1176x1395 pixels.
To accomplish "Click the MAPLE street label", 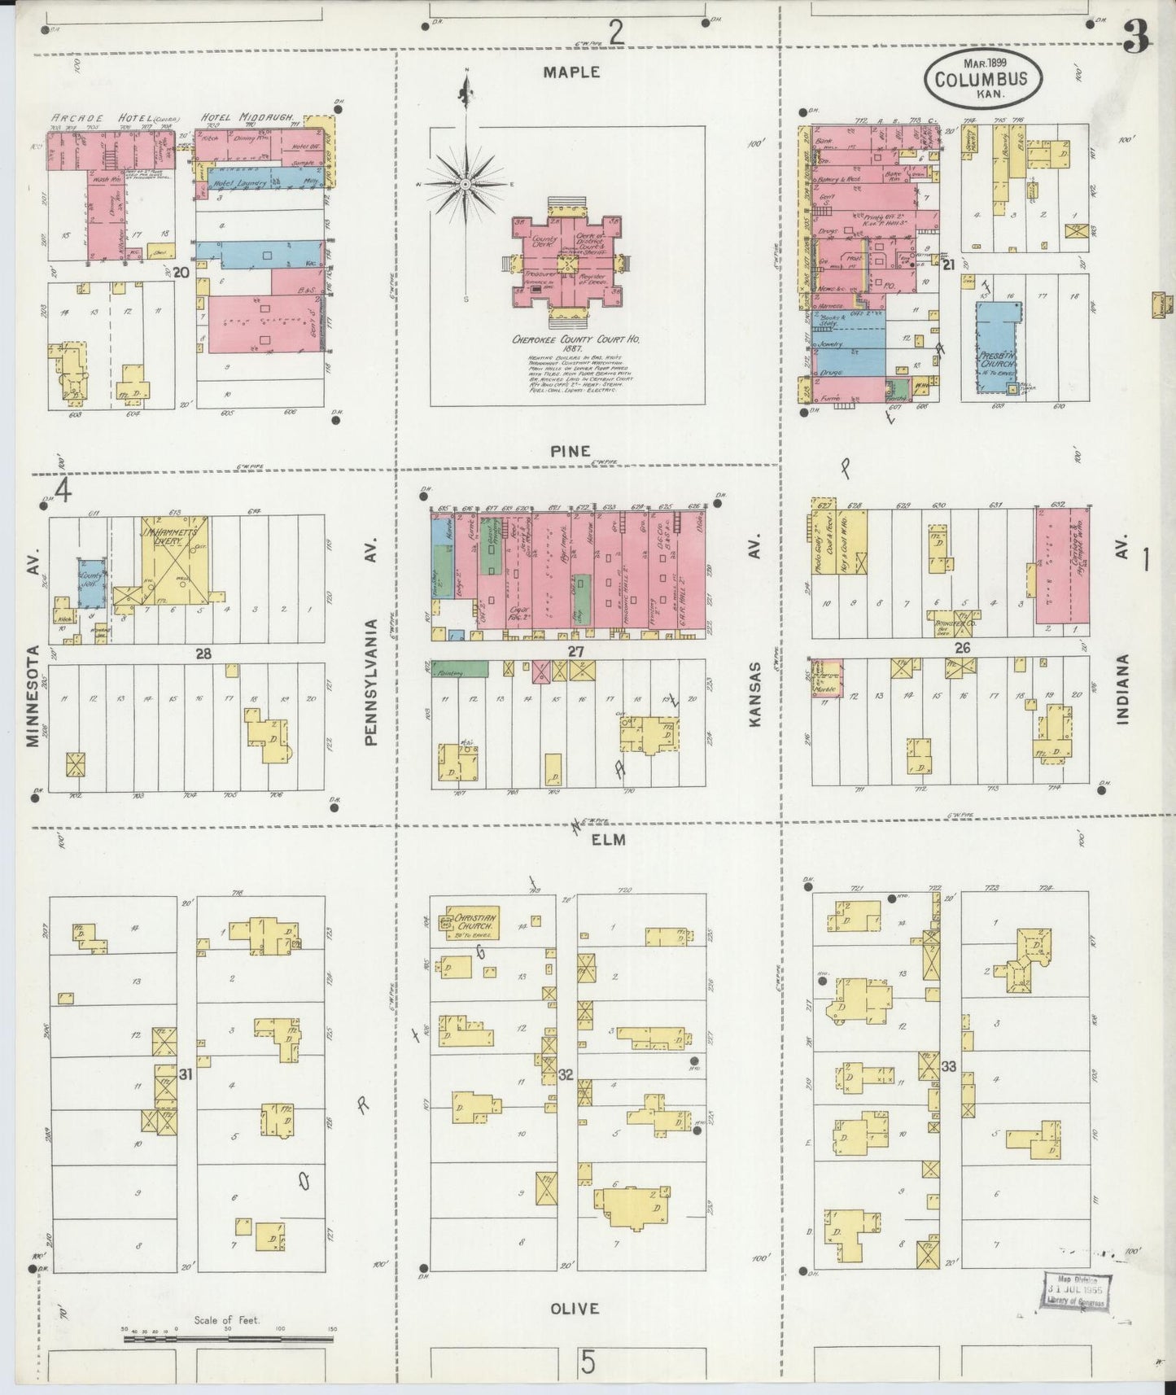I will pos(571,72).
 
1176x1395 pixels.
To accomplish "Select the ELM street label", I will pos(609,839).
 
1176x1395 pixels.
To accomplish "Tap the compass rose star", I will pos(465,185).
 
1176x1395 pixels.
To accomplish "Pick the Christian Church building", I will pos(470,922).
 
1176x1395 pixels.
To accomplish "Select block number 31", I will pos(186,1074).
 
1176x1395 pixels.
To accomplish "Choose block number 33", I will pos(947,1065).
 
